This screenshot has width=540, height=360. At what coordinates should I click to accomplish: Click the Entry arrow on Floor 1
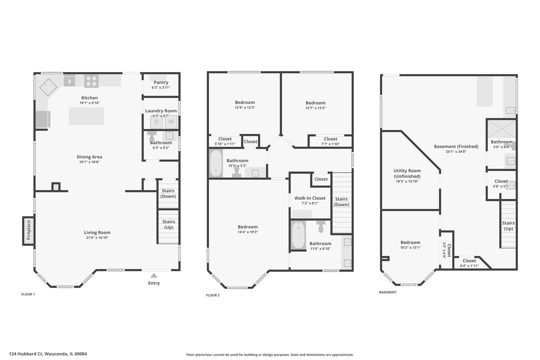coord(154,275)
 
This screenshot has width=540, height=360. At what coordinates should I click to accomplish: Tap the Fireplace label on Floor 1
coord(29,230)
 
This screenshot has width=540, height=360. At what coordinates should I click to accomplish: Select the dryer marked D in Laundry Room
coord(156,122)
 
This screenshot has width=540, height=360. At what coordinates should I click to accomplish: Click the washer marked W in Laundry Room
coord(171,122)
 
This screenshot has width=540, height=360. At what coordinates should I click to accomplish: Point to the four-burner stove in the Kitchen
coord(91,81)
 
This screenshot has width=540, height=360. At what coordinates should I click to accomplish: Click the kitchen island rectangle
coord(86,116)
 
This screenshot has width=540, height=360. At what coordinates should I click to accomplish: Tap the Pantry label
coord(161,82)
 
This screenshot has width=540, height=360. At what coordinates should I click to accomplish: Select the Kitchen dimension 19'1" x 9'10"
coord(89,103)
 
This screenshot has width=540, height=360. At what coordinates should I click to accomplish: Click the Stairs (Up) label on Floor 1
coord(168,224)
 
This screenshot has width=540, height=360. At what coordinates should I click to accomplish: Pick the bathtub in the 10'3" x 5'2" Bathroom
coord(216,163)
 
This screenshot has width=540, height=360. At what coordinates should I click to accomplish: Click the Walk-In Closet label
coord(310,198)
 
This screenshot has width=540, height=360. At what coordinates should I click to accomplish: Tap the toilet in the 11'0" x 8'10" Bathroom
coord(321,227)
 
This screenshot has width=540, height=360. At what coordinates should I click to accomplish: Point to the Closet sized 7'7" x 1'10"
coord(330,141)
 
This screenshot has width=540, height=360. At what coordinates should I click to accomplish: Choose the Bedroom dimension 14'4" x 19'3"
coord(248,232)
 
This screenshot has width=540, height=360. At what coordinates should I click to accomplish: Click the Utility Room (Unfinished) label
coord(407,173)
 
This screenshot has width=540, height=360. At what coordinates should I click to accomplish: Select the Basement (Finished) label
coord(456,146)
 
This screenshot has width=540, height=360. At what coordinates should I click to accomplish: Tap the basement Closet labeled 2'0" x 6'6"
coord(447,250)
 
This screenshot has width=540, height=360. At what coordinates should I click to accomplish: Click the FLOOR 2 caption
coord(213,295)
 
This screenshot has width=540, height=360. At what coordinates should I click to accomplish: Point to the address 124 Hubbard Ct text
coord(48,354)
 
